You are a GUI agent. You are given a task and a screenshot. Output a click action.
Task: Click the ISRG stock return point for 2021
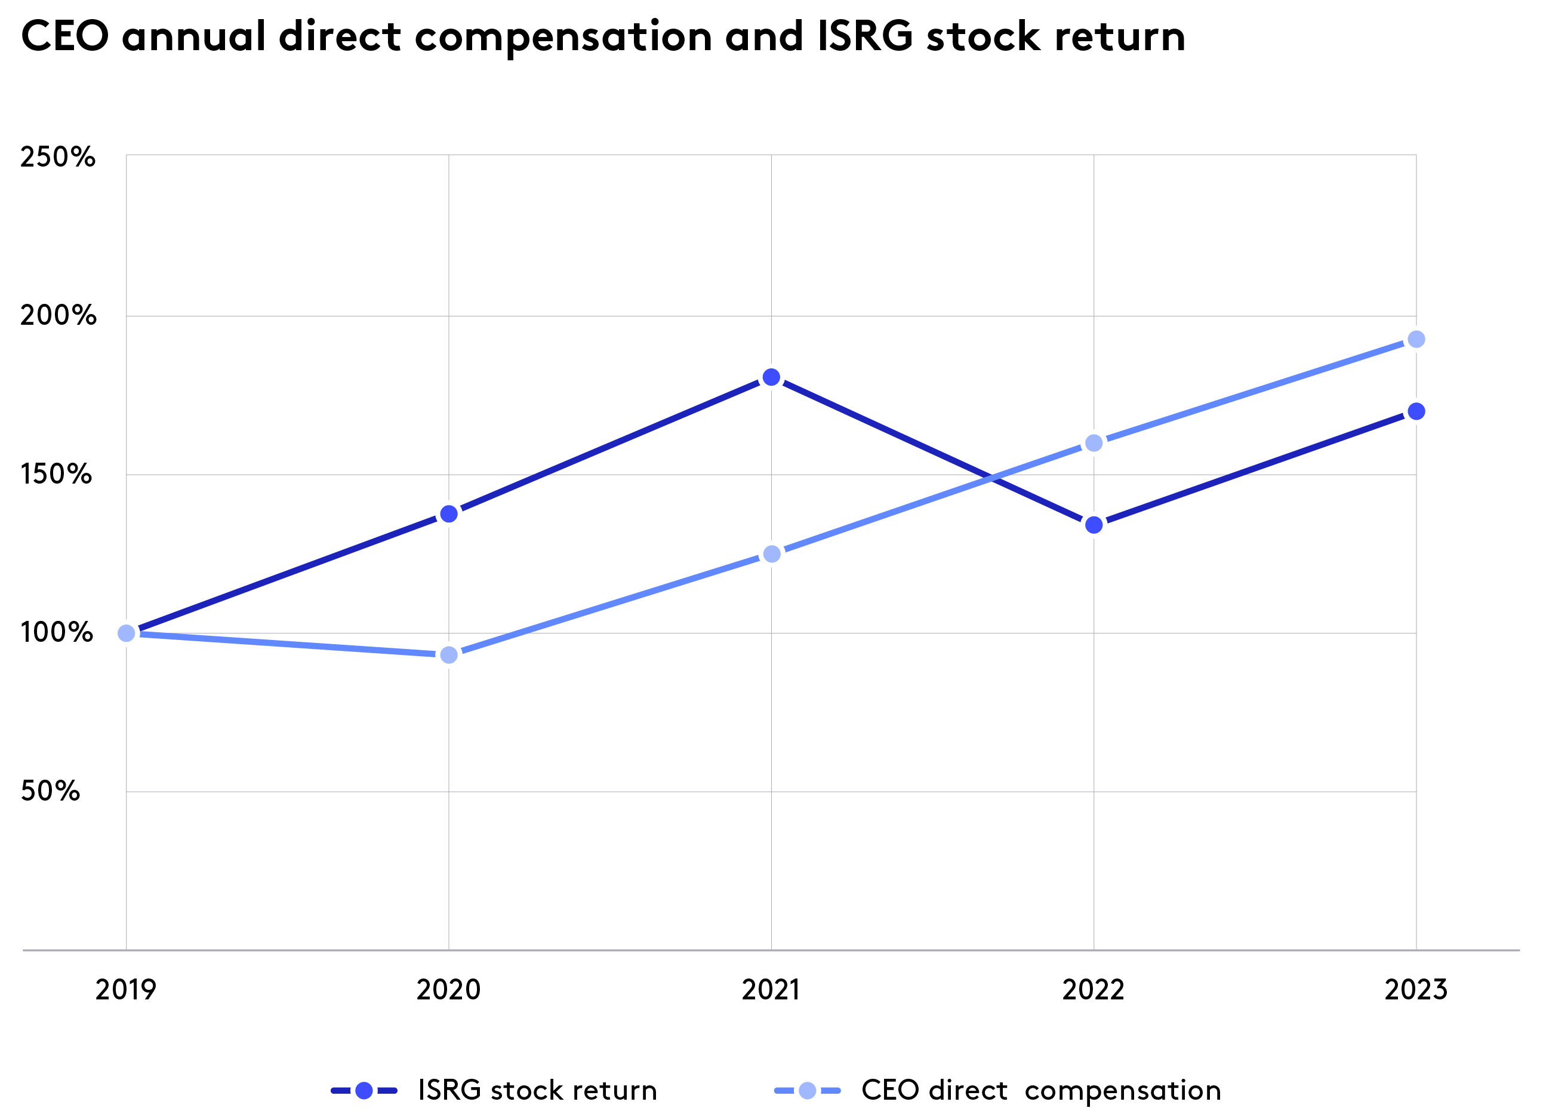[x=771, y=377]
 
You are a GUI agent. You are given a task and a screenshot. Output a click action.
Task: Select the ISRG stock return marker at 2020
[x=448, y=513]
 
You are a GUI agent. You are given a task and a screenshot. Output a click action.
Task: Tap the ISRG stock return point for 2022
[x=1094, y=525]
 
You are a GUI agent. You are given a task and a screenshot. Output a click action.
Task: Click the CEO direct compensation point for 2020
[x=448, y=654]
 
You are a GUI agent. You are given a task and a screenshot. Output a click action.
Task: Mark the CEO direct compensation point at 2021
[x=771, y=554]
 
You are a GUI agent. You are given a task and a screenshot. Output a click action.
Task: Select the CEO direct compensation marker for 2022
[x=1094, y=443]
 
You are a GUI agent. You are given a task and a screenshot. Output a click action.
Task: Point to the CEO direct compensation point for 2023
[x=1416, y=339]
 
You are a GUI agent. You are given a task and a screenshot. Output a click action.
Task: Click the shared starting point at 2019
[x=126, y=633]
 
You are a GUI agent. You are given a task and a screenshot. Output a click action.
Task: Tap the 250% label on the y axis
[x=57, y=157]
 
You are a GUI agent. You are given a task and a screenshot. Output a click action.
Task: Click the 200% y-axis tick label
[x=58, y=315]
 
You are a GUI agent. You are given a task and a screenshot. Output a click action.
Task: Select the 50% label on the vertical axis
[x=50, y=790]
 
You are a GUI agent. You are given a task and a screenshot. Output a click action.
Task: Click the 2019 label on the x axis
[x=126, y=989]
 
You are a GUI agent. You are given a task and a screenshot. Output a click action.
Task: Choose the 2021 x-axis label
[x=771, y=989]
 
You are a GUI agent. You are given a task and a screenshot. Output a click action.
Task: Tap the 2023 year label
[x=1416, y=989]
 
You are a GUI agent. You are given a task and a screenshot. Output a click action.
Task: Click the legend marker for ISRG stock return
[x=364, y=1090]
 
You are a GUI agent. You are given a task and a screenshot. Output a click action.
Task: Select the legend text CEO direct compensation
[x=1041, y=1090]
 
